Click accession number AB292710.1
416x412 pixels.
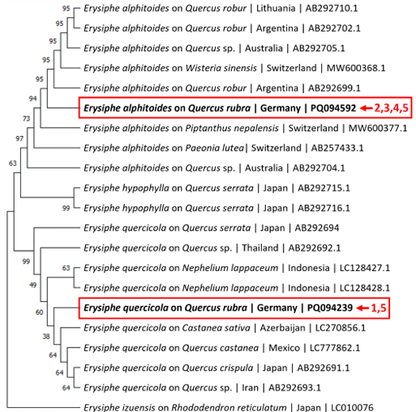coord(332,8)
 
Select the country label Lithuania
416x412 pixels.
coord(276,8)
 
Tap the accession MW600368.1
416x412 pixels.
coord(356,68)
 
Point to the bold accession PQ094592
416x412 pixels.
coord(333,108)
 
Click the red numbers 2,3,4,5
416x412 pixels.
coord(391,108)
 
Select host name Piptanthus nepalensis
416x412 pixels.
coord(232,128)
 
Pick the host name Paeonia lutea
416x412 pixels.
coord(215,148)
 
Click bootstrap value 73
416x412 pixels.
coord(26,118)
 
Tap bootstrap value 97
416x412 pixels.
coord(19,138)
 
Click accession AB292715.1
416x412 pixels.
coord(324,188)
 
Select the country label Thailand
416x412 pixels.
coord(260,248)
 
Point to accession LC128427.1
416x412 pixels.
coord(365,268)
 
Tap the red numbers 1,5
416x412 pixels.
coord(379,308)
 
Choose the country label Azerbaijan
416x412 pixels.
coord(282,328)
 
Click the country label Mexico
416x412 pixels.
coord(284,348)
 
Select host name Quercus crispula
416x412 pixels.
coord(217,367)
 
